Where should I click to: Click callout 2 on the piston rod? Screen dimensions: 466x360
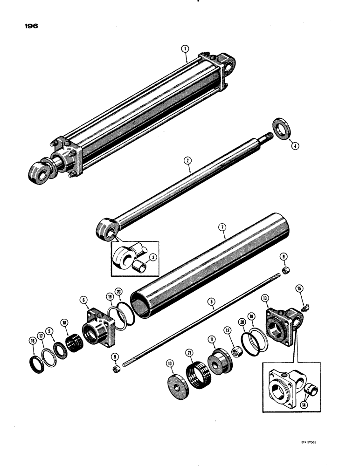[x=187, y=161]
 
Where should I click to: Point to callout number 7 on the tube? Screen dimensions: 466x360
[x=222, y=227]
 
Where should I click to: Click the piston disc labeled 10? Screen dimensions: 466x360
[x=179, y=378]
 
